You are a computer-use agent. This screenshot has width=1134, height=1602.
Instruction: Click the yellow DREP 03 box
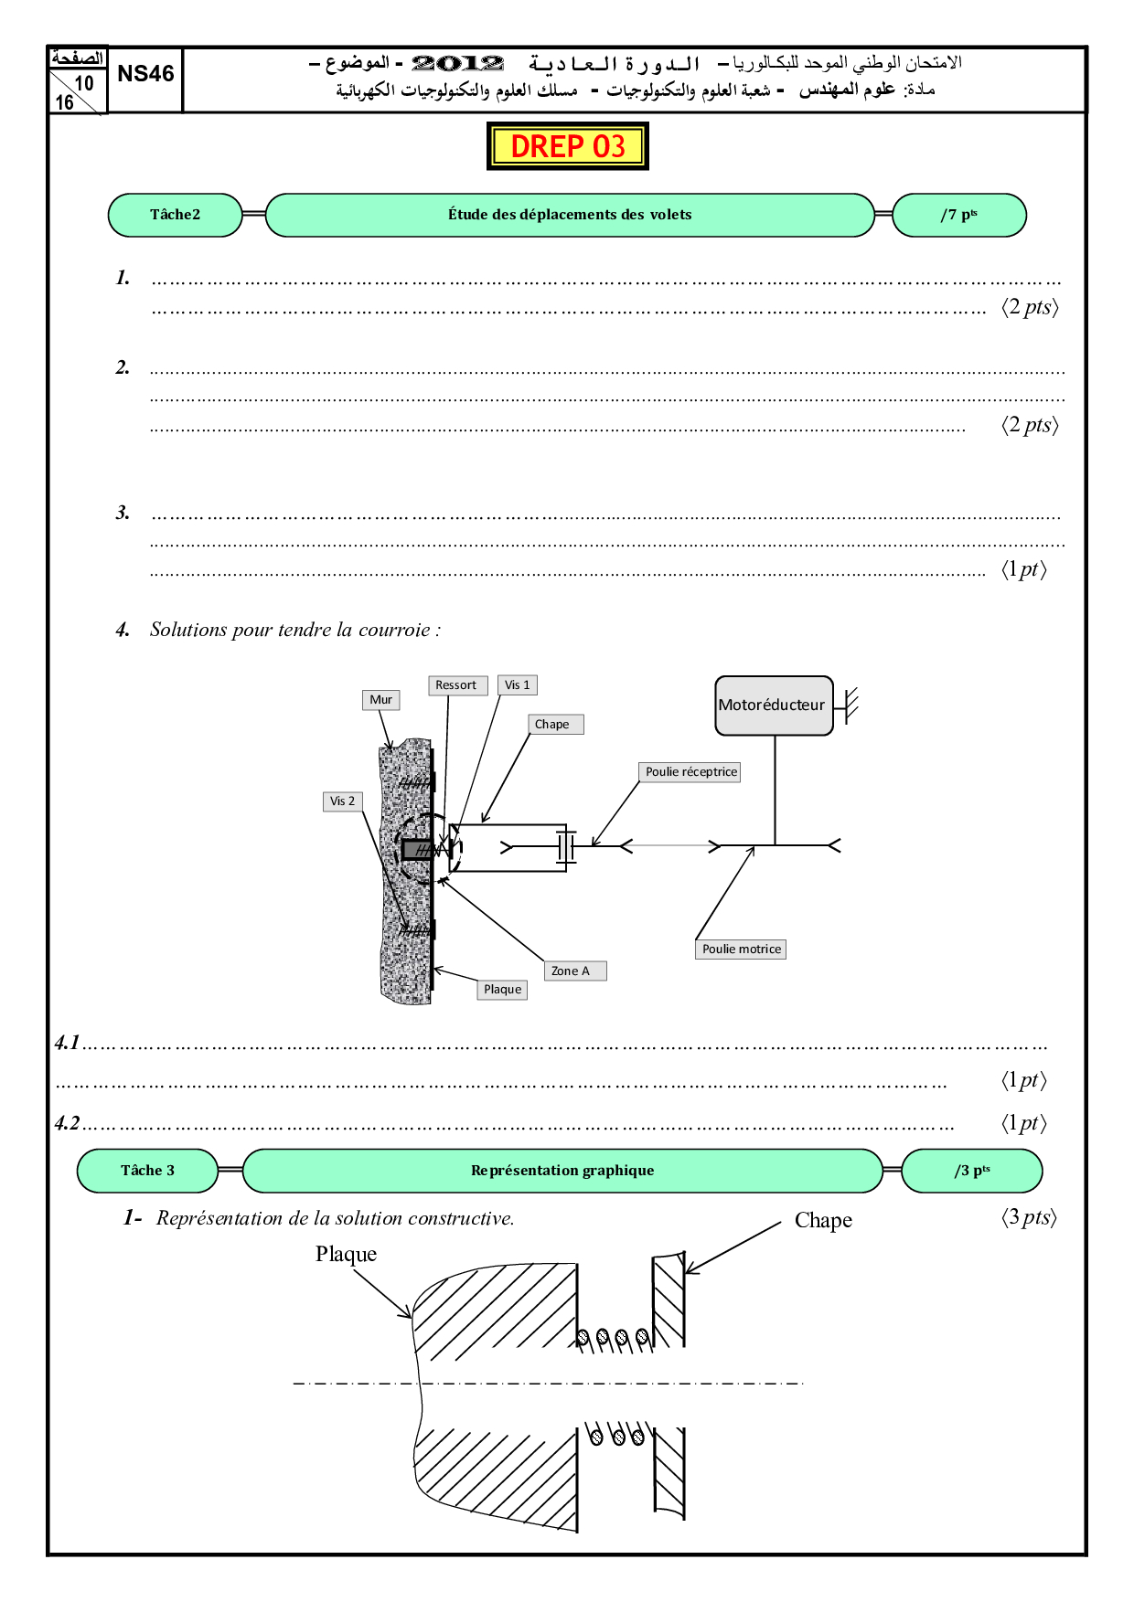(x=567, y=146)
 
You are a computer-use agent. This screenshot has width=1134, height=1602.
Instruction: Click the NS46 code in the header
(x=145, y=74)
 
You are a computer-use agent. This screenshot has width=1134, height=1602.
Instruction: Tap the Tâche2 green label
(x=175, y=215)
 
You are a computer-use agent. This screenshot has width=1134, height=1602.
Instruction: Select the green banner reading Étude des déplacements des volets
(x=569, y=215)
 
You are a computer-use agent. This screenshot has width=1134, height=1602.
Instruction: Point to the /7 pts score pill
(x=958, y=215)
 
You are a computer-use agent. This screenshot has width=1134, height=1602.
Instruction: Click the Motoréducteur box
(x=773, y=705)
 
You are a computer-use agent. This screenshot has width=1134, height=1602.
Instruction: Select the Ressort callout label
(x=456, y=685)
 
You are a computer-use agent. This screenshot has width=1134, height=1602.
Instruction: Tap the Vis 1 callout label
(x=518, y=685)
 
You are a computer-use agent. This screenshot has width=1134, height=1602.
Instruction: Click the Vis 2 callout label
(x=343, y=801)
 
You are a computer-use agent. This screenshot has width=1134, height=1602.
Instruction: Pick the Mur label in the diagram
(x=380, y=700)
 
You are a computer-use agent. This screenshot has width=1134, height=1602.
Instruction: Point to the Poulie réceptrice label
(x=691, y=772)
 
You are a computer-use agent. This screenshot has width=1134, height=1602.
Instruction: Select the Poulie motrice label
(x=742, y=950)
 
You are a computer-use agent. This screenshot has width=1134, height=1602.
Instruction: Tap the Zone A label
(x=575, y=971)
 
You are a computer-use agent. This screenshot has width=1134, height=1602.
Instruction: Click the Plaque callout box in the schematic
(x=503, y=990)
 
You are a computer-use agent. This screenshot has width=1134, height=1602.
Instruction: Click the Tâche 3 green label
(x=147, y=1171)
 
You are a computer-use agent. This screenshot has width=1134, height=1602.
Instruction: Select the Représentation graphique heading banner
(x=562, y=1171)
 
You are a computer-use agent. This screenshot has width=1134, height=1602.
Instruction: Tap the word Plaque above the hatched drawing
(x=346, y=1254)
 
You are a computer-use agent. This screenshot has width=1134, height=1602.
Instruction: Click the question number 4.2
(x=68, y=1123)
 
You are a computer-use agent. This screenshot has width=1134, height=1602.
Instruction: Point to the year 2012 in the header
(x=458, y=63)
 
